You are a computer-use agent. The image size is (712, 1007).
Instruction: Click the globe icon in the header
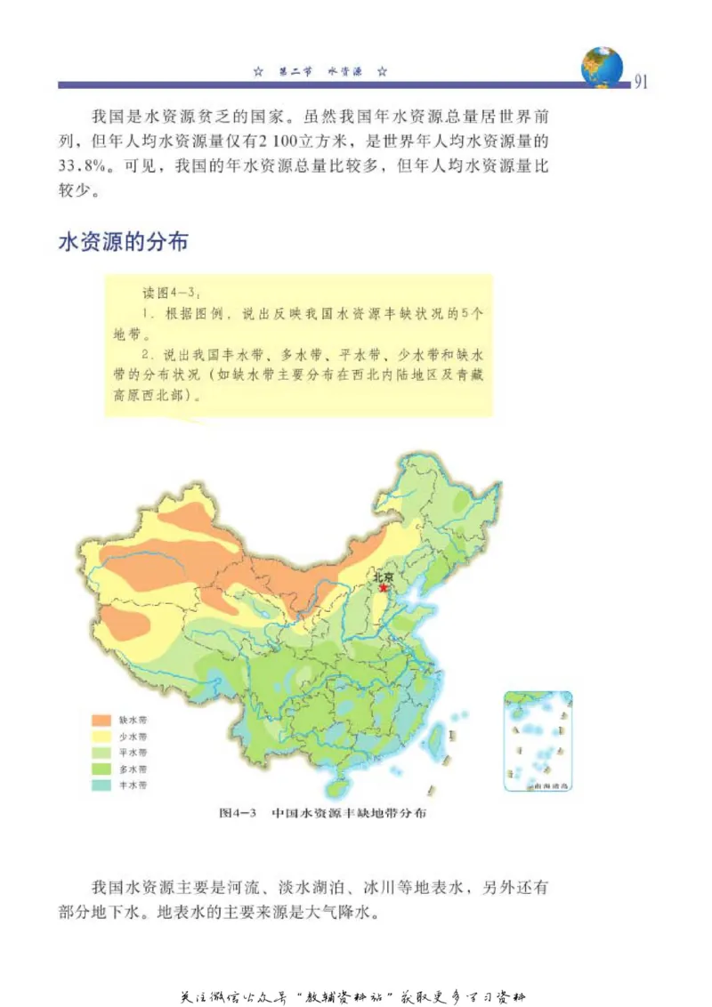(x=602, y=67)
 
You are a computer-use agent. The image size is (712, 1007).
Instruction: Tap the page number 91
(x=641, y=83)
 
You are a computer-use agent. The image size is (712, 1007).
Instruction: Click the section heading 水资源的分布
(x=123, y=242)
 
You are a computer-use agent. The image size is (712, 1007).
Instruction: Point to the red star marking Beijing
(x=384, y=588)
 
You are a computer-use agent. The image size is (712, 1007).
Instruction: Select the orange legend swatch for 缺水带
(x=102, y=720)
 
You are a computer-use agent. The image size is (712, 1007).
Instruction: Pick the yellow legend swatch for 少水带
(x=102, y=737)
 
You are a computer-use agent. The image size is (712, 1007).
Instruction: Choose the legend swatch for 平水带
(x=102, y=753)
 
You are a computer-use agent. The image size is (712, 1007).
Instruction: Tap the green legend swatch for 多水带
(x=102, y=769)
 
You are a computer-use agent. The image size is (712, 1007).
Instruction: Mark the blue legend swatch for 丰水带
(x=102, y=785)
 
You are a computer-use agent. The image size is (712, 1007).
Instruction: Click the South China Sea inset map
(x=538, y=741)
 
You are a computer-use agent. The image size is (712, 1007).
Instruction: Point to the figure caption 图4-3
(x=238, y=812)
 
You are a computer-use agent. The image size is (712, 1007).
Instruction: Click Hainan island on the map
(x=336, y=786)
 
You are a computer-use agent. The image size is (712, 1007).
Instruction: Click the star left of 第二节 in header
(x=258, y=70)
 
